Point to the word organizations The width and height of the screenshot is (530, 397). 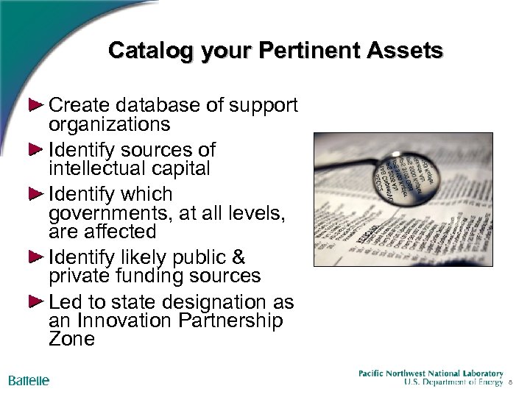click(109, 124)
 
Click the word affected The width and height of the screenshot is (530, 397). click(119, 232)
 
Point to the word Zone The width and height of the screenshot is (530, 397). click(71, 339)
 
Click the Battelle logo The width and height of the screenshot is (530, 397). click(29, 380)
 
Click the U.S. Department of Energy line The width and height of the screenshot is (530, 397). click(454, 383)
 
